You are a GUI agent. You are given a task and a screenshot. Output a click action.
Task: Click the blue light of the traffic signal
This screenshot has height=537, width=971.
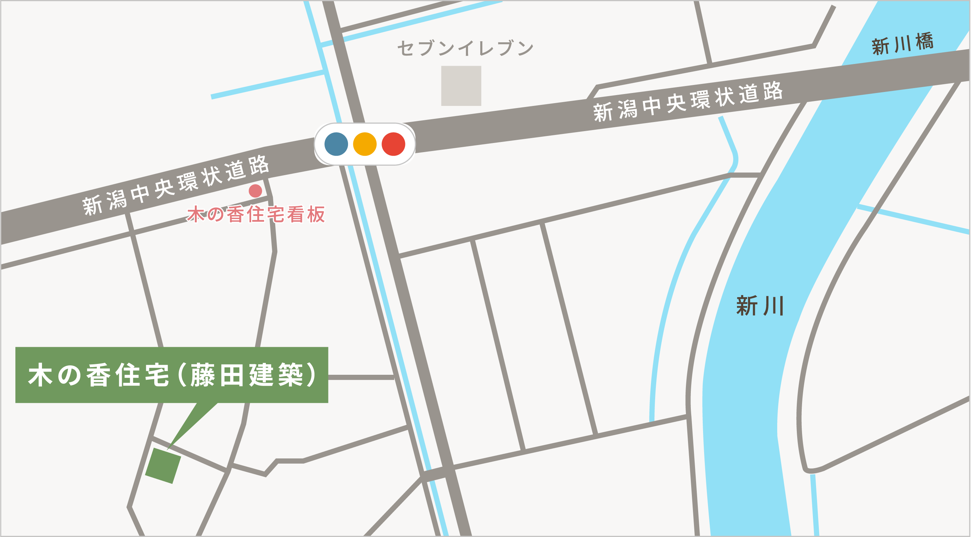[x=336, y=144]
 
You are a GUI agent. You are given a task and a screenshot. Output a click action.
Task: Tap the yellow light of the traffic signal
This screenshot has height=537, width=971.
[x=364, y=144]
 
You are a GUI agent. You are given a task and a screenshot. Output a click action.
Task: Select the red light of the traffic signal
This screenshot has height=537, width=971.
[x=393, y=144]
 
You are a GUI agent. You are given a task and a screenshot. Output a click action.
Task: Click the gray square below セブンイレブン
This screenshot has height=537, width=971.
[x=461, y=86]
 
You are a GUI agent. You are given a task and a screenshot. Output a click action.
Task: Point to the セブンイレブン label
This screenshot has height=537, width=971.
[x=466, y=49]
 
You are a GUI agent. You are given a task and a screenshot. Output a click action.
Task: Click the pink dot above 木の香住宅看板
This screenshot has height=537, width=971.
[x=255, y=191]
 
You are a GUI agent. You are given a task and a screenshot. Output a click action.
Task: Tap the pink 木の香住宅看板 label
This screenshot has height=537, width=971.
[x=256, y=214]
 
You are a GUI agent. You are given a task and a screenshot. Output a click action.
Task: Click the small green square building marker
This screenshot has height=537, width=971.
[x=163, y=466]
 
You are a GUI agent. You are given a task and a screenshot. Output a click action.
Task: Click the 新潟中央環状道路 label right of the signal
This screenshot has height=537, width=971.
[x=688, y=101]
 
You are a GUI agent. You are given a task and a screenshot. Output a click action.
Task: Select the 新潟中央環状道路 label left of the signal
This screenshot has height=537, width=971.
[x=176, y=185]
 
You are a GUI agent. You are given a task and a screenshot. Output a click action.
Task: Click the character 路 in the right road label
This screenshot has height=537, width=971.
[x=773, y=91]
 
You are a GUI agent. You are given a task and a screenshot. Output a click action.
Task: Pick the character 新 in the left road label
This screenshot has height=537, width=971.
[x=92, y=206]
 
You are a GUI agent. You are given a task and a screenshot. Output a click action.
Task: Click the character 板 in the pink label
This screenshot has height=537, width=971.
[x=316, y=214]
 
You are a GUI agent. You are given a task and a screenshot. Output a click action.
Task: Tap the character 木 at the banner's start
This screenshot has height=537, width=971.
[x=40, y=375]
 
